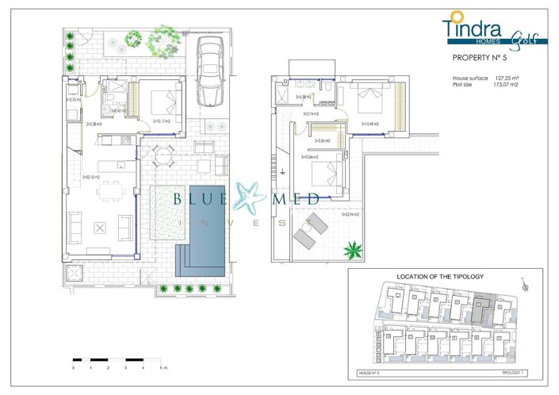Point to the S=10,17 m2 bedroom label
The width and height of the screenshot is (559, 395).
[162, 121]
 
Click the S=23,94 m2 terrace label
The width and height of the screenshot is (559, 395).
[350, 215]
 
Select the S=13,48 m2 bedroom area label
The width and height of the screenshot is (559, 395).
[370, 124]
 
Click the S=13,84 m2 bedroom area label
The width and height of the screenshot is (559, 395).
[312, 157]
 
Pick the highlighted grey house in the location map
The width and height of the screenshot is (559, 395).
[481, 310]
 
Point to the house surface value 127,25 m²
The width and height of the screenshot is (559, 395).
[512, 78]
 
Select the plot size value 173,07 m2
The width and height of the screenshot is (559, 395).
[512, 84]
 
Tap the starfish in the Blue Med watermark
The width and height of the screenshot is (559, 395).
[255, 197]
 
